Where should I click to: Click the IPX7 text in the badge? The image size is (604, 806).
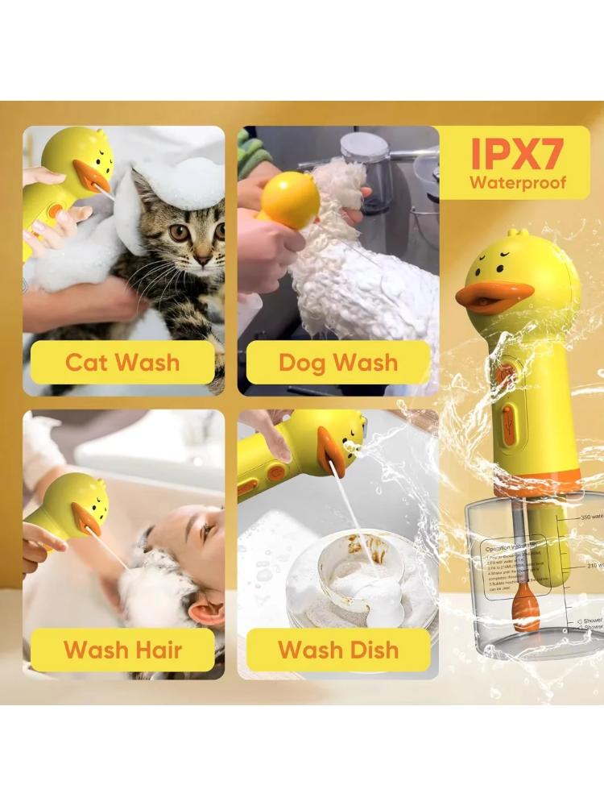coord(517,152)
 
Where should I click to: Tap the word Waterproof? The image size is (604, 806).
coord(518,182)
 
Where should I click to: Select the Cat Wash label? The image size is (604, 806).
coord(122,362)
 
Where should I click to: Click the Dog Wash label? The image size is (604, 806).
coord(338,362)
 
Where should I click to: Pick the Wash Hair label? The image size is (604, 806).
coord(122,649)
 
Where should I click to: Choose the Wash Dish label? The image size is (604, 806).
coord(338,649)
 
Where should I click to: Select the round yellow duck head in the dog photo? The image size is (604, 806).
coord(288,199)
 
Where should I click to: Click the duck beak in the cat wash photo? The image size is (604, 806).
coord(91,175)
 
